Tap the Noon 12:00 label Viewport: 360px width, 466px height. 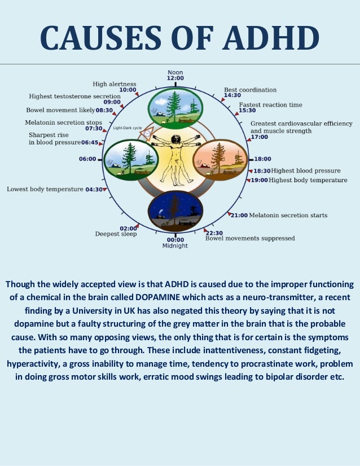pos(175,75)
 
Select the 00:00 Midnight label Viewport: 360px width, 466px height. pos(175,243)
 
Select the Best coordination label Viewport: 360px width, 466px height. pos(250,90)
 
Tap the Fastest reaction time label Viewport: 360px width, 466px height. pos(270,105)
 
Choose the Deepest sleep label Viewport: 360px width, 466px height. pos(116,234)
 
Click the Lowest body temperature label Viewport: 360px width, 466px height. pos(45,190)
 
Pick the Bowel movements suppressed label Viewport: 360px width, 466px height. pos(250,239)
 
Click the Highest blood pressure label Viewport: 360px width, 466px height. pos(306,170)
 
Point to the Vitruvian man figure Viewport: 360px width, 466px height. pos(175,157)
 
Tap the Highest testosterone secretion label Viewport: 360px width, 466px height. pos(74,96)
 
